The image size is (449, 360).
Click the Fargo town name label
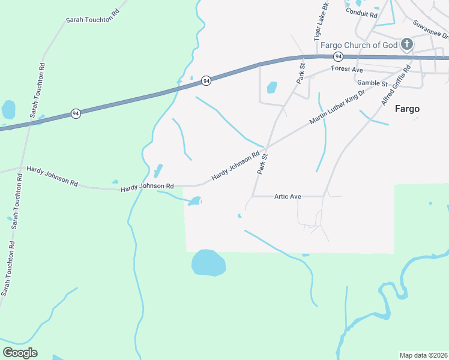click(407, 109)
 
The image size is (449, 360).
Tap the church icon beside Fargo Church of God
click(406, 44)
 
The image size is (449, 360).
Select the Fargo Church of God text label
click(359, 45)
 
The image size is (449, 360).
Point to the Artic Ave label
click(287, 196)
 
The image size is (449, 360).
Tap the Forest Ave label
click(347, 70)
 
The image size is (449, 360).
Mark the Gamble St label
click(372, 83)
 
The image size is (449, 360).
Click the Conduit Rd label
click(361, 13)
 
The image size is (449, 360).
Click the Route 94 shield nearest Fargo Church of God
click(339, 56)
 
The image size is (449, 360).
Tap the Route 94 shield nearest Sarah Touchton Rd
click(76, 113)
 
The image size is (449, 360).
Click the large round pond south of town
click(208, 263)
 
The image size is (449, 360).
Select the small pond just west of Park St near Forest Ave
click(272, 88)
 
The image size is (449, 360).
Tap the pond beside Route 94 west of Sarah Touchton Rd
click(8, 110)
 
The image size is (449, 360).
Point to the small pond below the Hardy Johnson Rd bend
click(194, 202)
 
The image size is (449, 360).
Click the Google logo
click(20, 353)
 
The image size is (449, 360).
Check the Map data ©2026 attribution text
click(423, 355)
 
